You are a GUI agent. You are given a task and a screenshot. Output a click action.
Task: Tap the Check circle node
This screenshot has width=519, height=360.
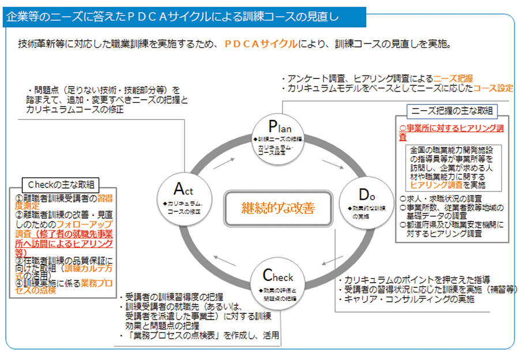(278, 281)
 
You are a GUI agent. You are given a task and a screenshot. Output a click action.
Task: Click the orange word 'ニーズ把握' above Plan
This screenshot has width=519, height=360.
(453, 78)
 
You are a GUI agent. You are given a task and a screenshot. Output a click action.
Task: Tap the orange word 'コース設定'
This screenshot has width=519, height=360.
(493, 89)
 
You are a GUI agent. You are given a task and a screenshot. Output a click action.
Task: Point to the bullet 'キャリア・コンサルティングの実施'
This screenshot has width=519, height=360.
(408, 299)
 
